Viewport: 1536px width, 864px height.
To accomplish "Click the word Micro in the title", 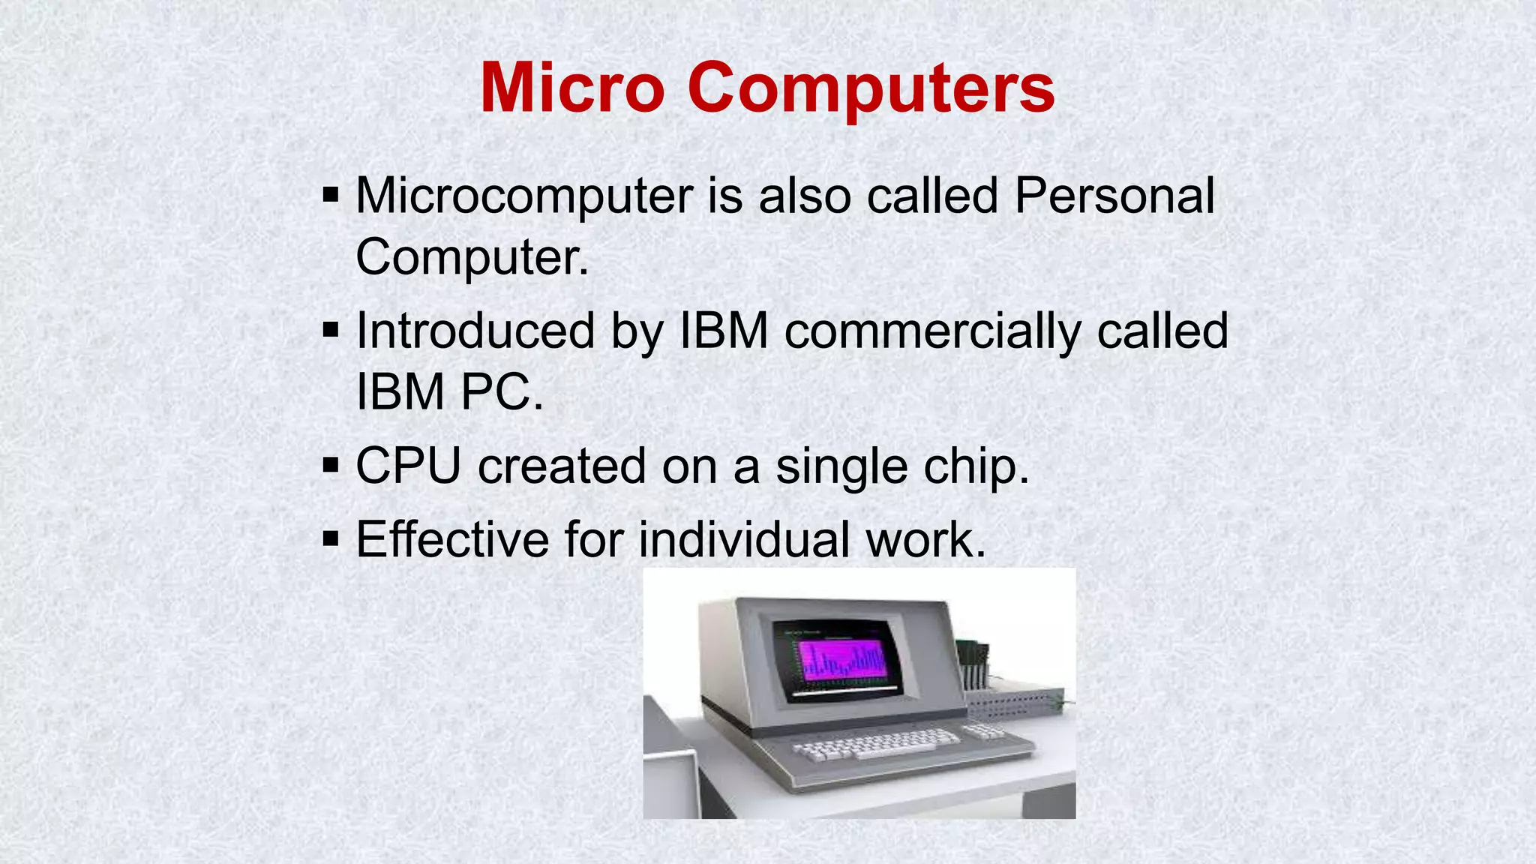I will [571, 88].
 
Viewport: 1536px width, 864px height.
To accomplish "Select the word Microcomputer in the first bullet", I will [523, 196].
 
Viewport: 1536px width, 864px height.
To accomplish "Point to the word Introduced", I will [475, 331].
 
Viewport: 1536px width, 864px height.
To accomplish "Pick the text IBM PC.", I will [448, 391].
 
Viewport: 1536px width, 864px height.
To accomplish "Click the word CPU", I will [408, 466].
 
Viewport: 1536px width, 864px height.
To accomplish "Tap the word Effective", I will [451, 539].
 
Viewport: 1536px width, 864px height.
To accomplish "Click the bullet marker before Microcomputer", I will [331, 196].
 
